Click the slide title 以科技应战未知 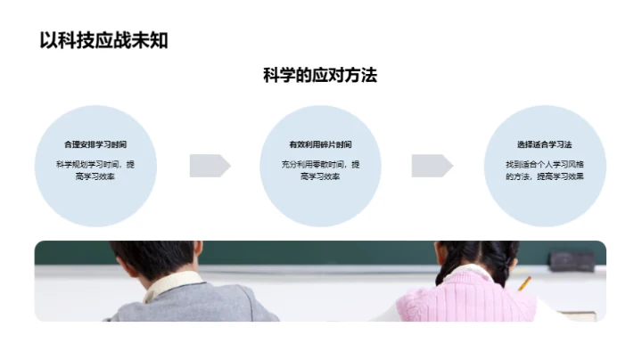(x=103, y=39)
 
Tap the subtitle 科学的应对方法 (x=320, y=76)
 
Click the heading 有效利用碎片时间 (x=320, y=144)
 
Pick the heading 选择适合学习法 (x=544, y=144)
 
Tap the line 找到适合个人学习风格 (x=544, y=165)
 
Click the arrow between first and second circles (x=210, y=166)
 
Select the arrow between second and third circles (x=432, y=166)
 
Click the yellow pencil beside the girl (x=524, y=284)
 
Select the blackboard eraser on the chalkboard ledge (x=572, y=260)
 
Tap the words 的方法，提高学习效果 (x=544, y=177)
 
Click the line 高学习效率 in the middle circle (x=320, y=177)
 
